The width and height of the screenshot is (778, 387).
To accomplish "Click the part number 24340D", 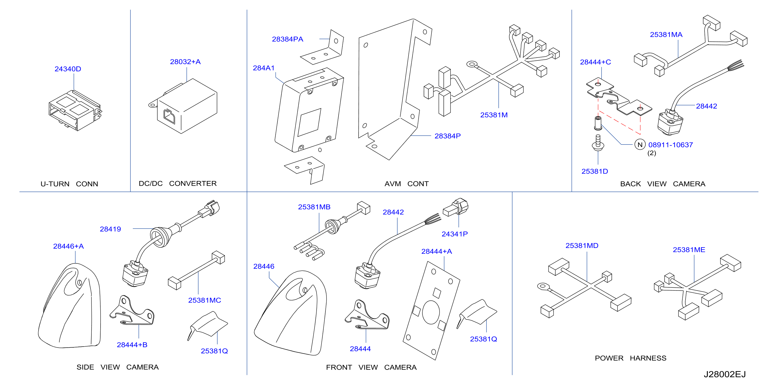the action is pos(68,69).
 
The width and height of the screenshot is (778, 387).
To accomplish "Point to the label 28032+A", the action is pos(185,62).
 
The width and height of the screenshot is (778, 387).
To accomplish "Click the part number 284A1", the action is pos(264,68).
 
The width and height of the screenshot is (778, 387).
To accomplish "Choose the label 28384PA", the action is pos(288,39).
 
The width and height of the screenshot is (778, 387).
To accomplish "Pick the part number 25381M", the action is pos(494,115).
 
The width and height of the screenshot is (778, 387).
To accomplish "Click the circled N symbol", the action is pos(640,144).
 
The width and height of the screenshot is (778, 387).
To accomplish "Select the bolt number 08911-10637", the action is pos(670,145).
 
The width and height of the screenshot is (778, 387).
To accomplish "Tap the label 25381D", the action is pos(595,171).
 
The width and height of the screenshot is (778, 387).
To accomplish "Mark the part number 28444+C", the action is pos(595,62).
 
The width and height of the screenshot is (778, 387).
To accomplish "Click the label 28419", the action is pos(110,229).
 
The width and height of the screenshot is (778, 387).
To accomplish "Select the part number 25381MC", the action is pos(205,300).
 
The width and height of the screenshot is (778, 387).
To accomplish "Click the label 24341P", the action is pos(455,234).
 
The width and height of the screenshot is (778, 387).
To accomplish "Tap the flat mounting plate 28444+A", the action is pos(431,311).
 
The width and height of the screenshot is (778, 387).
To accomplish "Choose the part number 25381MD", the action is pos(582,245).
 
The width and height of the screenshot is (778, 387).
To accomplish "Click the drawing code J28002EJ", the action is pos(725,374).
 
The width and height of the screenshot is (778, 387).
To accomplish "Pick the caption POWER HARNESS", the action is pos(630,358).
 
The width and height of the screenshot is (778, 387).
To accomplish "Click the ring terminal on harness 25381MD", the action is pos(543,286).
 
